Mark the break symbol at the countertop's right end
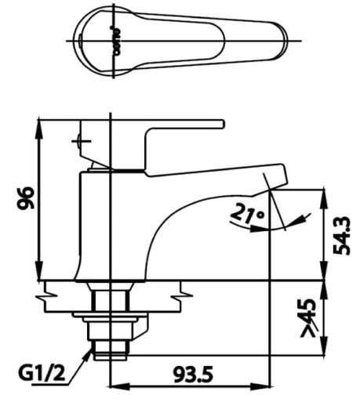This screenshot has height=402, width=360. click(x=185, y=295)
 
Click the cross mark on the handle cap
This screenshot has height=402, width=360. click(x=79, y=143)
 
